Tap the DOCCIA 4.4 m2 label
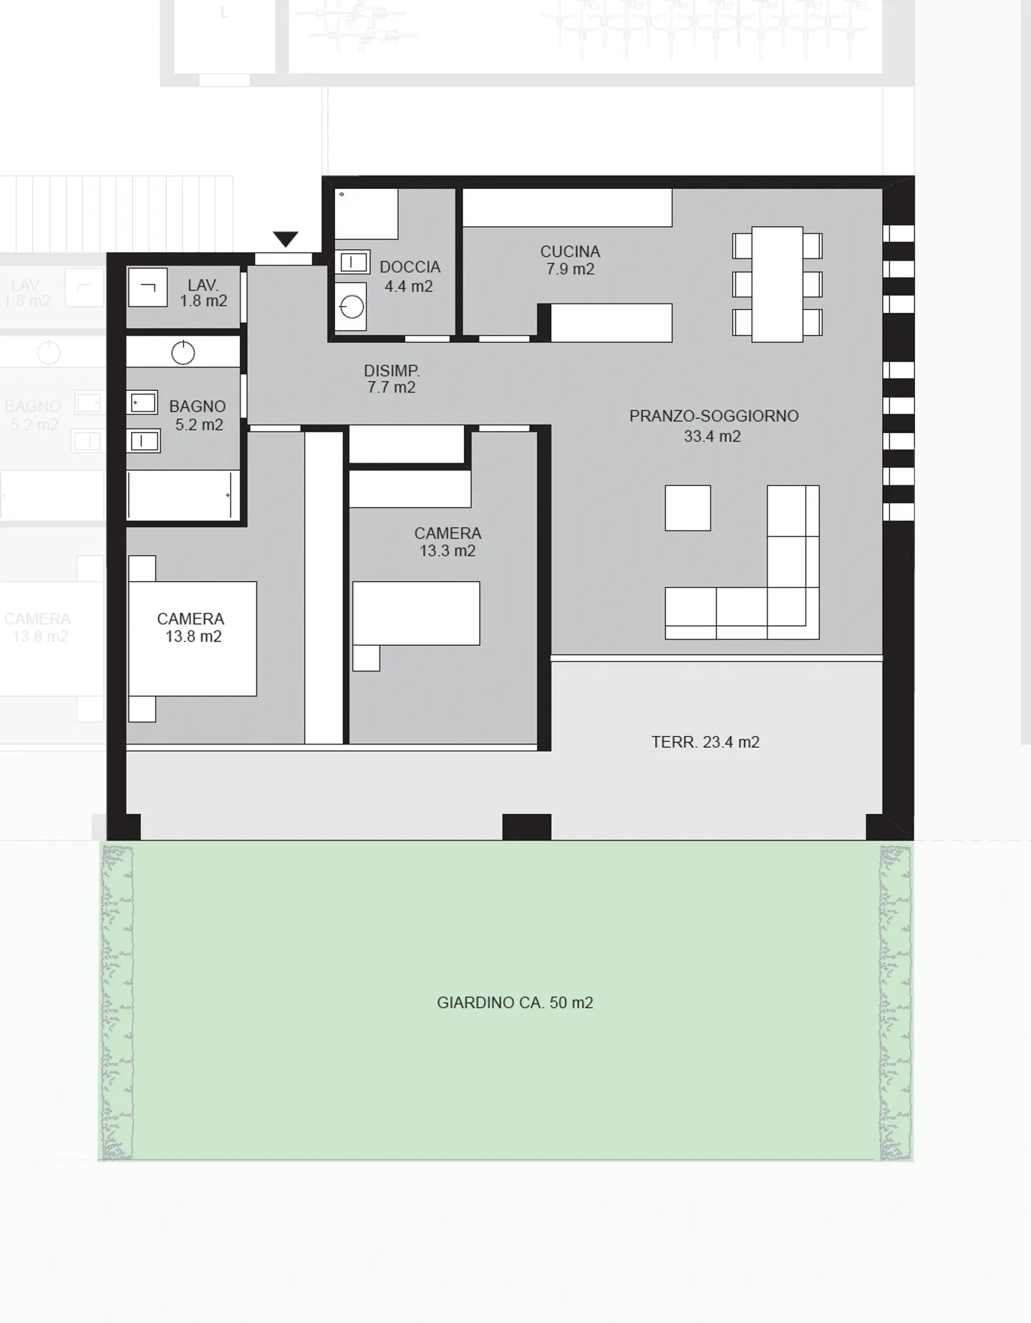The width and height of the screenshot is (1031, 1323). click(409, 276)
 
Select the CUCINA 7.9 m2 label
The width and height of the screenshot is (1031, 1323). click(570, 260)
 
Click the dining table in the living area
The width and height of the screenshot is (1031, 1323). click(777, 284)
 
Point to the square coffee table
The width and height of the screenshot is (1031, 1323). click(687, 508)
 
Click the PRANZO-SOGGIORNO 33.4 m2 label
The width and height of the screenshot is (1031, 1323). click(713, 426)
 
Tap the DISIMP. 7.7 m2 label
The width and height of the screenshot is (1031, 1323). click(391, 379)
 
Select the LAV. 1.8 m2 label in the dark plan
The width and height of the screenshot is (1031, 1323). click(203, 294)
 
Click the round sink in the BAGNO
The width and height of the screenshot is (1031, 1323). click(183, 353)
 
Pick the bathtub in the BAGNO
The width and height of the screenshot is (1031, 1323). click(183, 495)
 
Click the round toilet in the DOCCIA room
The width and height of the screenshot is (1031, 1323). click(352, 308)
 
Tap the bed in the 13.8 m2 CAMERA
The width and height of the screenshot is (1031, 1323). click(193, 639)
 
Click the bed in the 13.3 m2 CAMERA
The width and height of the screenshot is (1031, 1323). click(416, 614)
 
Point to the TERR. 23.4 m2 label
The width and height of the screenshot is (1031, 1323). click(705, 742)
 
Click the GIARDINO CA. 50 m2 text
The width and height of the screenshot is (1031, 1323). click(515, 1002)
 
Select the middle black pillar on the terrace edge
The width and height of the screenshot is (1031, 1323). click(526, 827)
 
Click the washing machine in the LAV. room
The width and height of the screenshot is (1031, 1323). click(147, 288)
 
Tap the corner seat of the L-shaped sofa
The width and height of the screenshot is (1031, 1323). click(793, 614)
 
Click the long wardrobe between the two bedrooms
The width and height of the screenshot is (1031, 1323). click(324, 587)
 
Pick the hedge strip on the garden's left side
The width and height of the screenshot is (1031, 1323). click(117, 1002)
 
